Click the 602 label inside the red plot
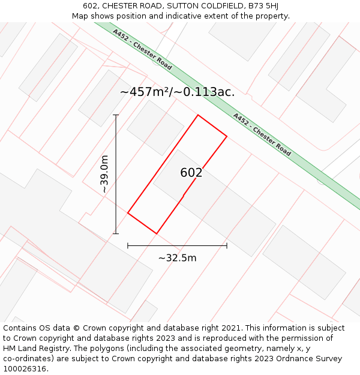[191, 173]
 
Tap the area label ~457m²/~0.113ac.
[177, 92]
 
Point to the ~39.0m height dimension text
[104, 174]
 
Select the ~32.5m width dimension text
[177, 258]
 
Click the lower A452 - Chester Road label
[262, 134]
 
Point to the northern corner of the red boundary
[198, 115]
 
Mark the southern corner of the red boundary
[157, 233]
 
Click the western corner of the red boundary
[128, 212]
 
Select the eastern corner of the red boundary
[227, 136]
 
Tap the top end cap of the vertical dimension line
[116, 115]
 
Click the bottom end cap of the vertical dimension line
[116, 233]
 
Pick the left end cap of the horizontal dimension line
[128, 245]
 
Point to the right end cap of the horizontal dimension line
[227, 245]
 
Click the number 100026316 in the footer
[23, 369]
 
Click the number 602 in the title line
[91, 5]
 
